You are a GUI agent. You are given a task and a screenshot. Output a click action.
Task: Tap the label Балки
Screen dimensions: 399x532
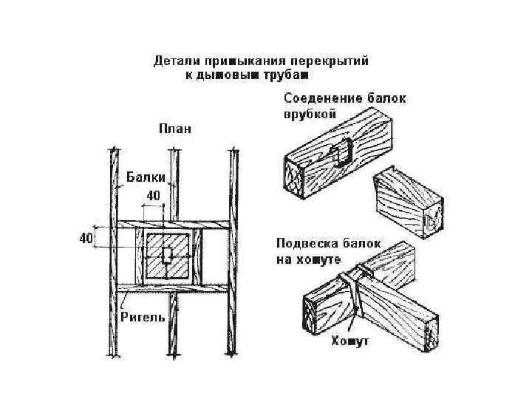pyautogui.click(x=145, y=177)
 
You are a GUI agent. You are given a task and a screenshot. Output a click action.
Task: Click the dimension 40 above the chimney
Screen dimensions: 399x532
pyautogui.click(x=153, y=196)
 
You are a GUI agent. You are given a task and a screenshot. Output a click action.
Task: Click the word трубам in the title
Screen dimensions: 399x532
pyautogui.click(x=286, y=74)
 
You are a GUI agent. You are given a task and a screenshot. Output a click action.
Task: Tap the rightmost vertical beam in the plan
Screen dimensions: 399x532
pyautogui.click(x=232, y=251)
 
